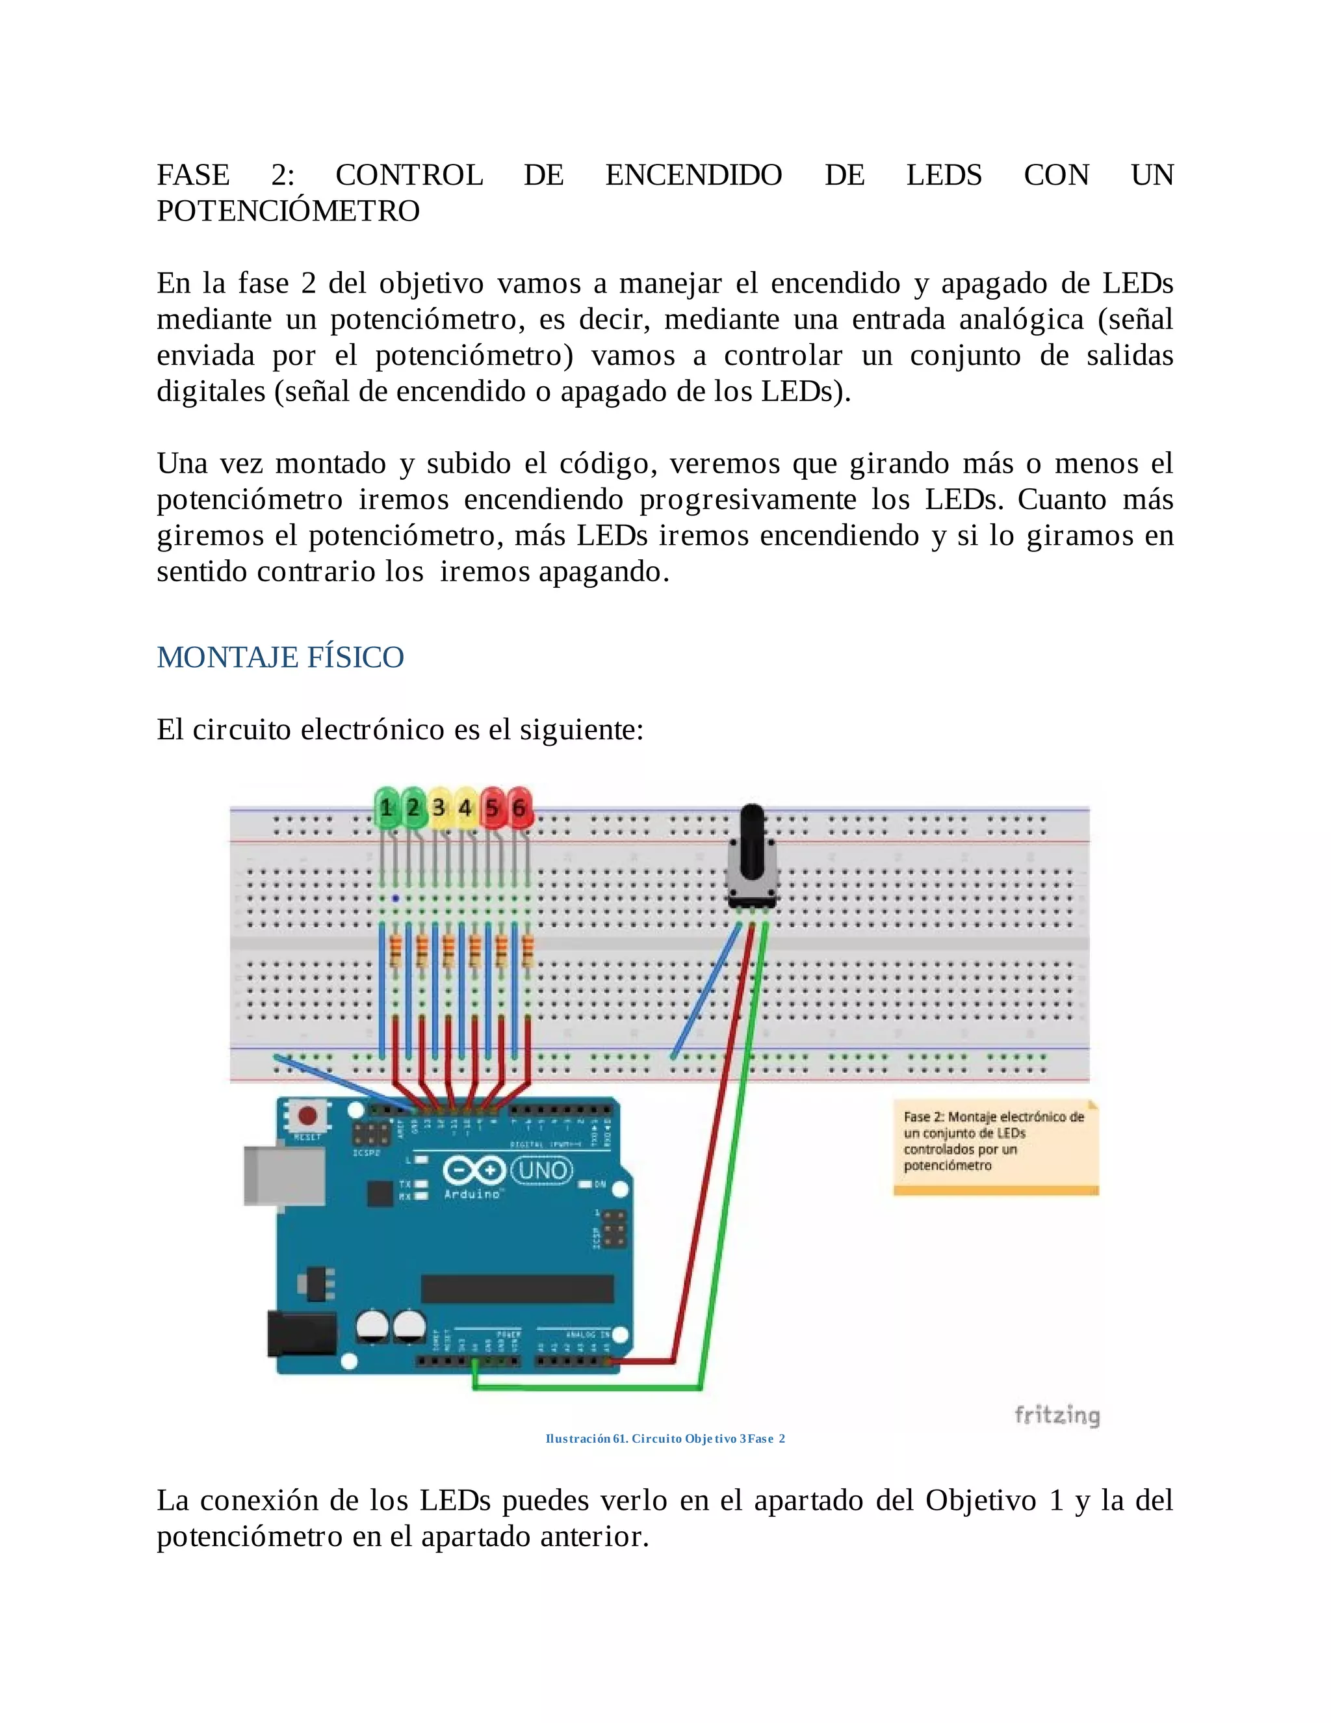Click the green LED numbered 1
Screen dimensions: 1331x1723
tap(387, 807)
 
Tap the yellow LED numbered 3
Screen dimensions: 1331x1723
tap(439, 807)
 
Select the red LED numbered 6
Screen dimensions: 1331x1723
tap(519, 807)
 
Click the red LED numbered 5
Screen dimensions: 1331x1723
tap(492, 807)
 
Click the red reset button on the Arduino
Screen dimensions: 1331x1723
tap(307, 1116)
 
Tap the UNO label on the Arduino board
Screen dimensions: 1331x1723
tap(543, 1169)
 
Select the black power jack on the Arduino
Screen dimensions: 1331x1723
tap(301, 1334)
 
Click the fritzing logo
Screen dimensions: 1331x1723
tap(1057, 1415)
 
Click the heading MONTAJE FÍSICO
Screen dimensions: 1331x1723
tap(280, 657)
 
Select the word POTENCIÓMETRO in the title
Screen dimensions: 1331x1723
tap(288, 211)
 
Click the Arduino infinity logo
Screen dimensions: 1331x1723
tap(474, 1169)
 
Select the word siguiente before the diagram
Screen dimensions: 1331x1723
tap(581, 730)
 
